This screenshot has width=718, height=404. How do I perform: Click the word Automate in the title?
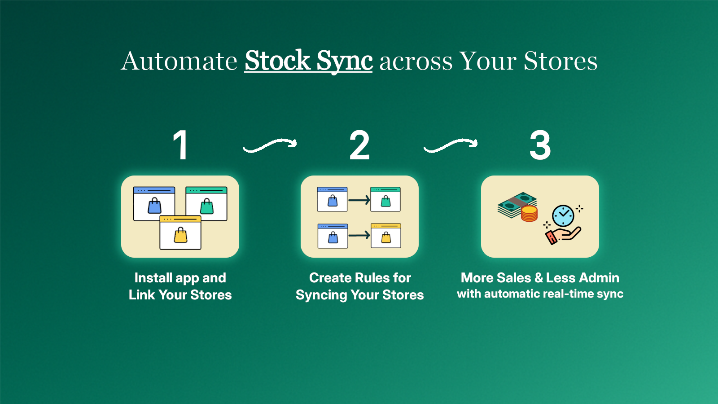tap(179, 61)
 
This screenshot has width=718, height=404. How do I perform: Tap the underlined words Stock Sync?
tap(308, 61)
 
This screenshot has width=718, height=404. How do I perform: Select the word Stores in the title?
tap(560, 61)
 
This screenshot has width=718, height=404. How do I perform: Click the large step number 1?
tap(180, 145)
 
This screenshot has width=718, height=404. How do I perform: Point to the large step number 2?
tap(359, 145)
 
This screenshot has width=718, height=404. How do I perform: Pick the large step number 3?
tap(540, 145)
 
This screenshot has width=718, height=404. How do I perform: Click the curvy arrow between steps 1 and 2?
tap(270, 145)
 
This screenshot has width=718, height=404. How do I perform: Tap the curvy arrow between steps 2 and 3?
tap(451, 145)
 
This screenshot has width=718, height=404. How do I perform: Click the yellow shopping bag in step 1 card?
tap(180, 235)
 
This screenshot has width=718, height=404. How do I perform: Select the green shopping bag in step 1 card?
tap(206, 206)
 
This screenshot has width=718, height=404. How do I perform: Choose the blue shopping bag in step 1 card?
tap(154, 206)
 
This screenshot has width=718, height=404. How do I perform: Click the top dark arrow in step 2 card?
tap(359, 200)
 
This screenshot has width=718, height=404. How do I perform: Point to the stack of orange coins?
tap(529, 214)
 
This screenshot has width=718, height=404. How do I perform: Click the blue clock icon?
tap(563, 215)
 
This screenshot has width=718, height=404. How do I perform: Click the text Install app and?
tap(180, 278)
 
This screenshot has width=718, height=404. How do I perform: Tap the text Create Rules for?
tap(360, 278)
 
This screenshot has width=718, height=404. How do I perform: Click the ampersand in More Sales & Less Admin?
tap(538, 278)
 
